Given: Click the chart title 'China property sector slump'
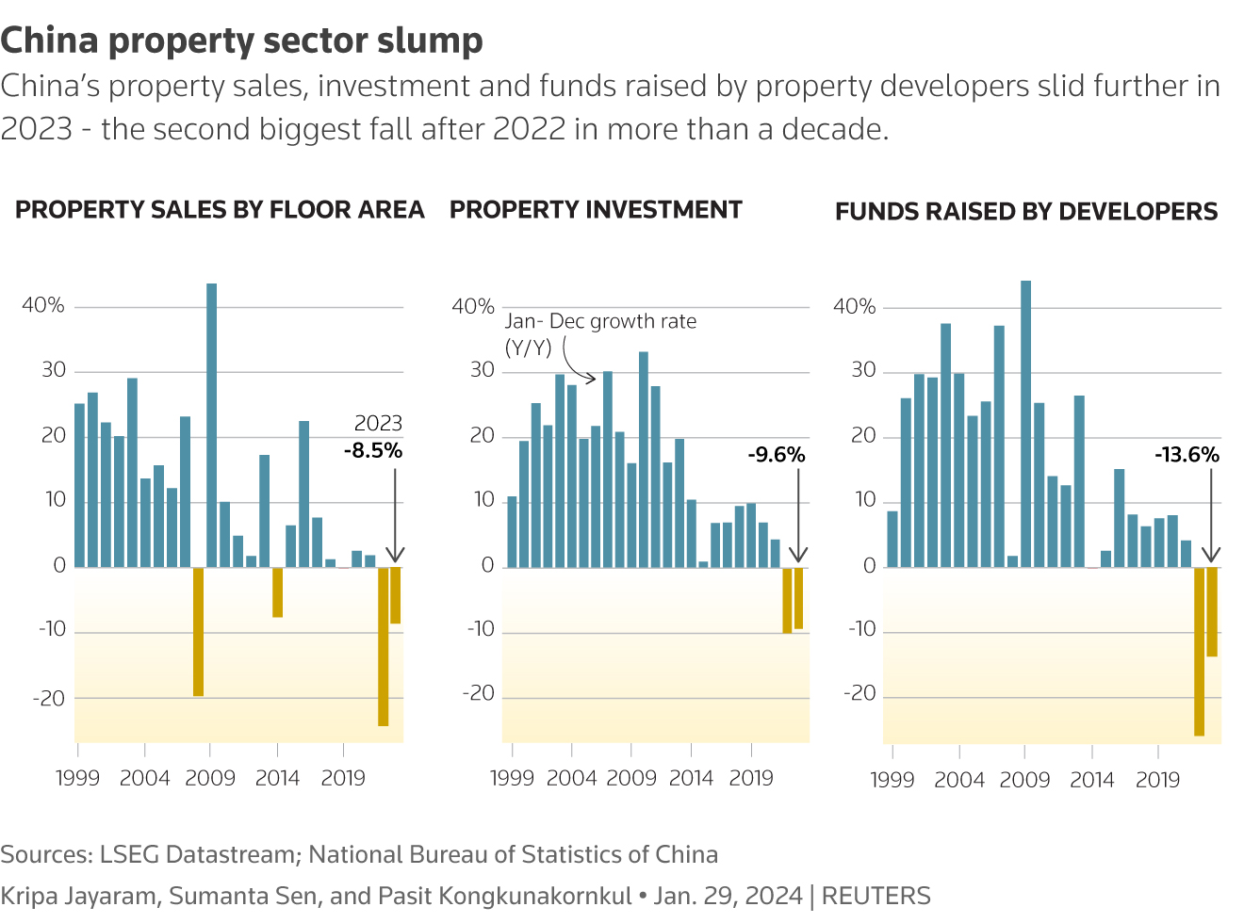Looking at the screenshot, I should [x=241, y=40].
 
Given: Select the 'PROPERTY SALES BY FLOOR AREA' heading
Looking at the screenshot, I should [x=220, y=209].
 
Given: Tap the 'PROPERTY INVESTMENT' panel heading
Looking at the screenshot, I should [x=596, y=209].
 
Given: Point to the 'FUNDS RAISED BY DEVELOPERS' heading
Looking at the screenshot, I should [x=1026, y=211].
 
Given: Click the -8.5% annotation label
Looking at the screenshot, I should [x=373, y=450].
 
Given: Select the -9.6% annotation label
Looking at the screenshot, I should [x=777, y=455].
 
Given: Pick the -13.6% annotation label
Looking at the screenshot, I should [x=1187, y=455].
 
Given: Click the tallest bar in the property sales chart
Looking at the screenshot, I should [x=211, y=424].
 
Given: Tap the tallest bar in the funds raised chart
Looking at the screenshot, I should [x=1025, y=424].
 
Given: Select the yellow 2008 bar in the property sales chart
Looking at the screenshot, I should [x=198, y=631].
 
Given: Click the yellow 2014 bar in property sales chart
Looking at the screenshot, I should [x=277, y=591].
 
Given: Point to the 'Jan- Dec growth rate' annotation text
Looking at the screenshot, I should [x=600, y=321].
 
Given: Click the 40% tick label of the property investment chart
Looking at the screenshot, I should [x=473, y=306].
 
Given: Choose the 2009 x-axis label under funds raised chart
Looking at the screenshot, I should [x=1024, y=780].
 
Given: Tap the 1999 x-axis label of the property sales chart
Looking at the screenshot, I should [x=77, y=778].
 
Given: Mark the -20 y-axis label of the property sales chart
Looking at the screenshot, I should [x=49, y=699].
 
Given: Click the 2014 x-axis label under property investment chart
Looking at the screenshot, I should [x=691, y=778].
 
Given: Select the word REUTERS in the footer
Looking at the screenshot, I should [x=876, y=896].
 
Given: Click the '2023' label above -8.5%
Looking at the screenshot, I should [x=378, y=424].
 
